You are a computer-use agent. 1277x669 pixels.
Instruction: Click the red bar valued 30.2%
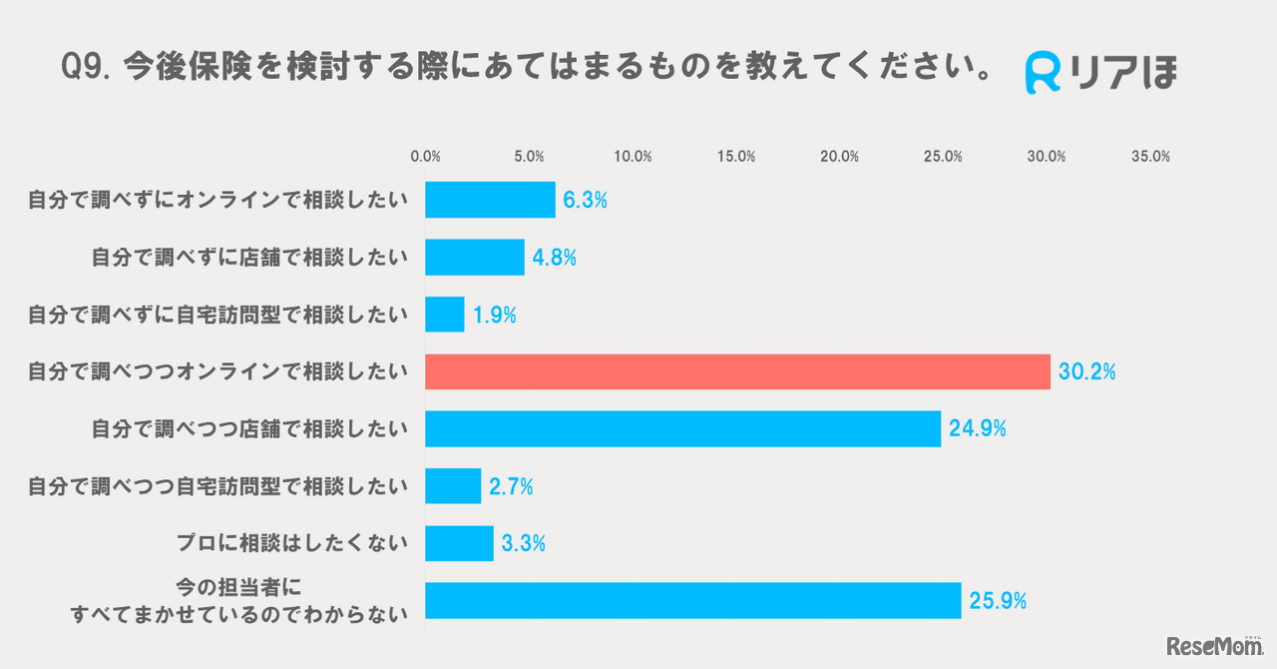(x=737, y=371)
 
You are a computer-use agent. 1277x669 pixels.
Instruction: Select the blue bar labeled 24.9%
(x=682, y=429)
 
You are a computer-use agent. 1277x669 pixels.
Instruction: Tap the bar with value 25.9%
(x=692, y=601)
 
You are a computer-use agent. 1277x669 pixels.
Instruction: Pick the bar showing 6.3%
(x=490, y=200)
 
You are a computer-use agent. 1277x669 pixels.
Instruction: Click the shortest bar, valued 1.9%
(x=444, y=315)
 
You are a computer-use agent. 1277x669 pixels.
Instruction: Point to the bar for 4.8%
(x=474, y=257)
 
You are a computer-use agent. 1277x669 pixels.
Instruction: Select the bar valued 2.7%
(x=453, y=486)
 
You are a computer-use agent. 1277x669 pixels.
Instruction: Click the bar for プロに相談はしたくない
(x=459, y=544)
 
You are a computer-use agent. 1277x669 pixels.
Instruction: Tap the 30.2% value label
(x=1086, y=372)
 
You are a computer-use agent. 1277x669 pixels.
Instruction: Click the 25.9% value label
(x=997, y=601)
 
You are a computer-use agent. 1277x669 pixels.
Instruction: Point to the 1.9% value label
(x=494, y=315)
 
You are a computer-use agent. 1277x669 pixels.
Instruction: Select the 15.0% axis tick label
(x=736, y=157)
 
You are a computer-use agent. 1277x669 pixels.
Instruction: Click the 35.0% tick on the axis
(x=1150, y=157)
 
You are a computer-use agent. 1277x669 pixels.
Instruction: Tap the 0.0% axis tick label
(x=426, y=157)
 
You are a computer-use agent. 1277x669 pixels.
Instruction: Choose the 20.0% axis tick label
(x=840, y=157)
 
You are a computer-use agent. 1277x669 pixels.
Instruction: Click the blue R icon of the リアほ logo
(x=1043, y=73)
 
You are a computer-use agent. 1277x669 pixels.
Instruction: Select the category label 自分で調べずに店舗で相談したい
(x=249, y=258)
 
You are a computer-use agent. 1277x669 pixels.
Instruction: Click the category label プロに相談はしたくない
(x=291, y=544)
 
